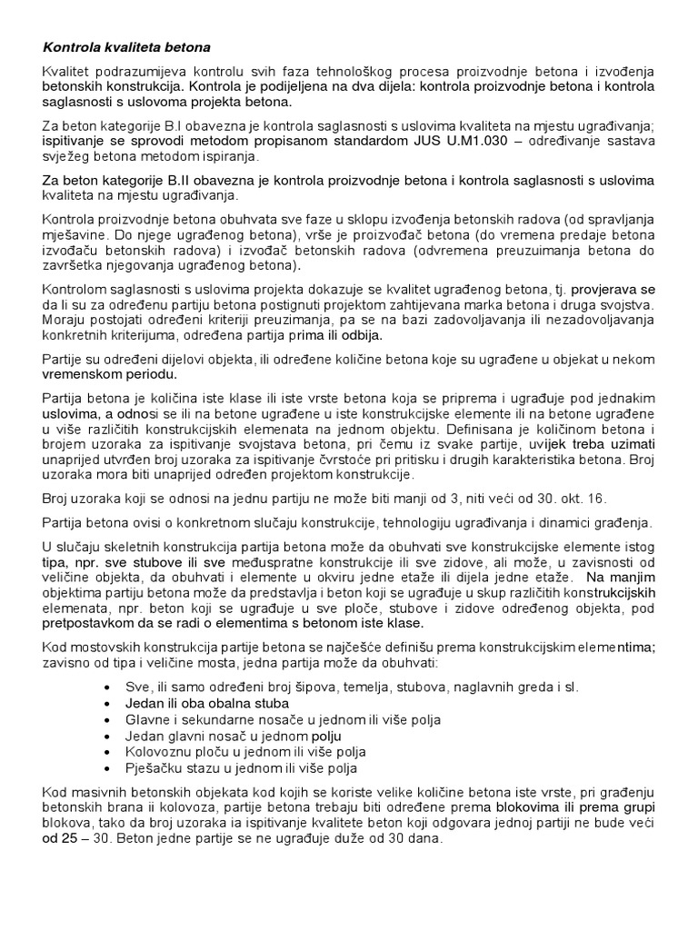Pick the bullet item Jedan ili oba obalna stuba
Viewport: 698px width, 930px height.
pos(207,704)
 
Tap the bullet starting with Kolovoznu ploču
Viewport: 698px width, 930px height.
pos(244,753)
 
